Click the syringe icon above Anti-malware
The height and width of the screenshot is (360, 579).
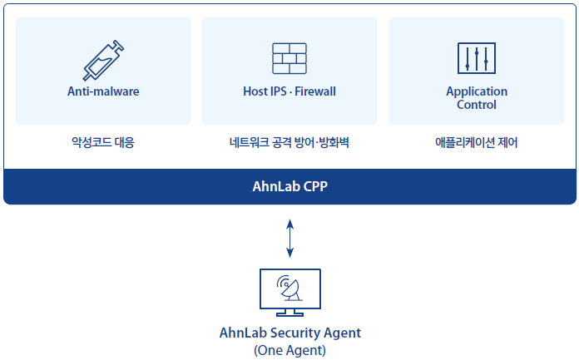click(x=103, y=60)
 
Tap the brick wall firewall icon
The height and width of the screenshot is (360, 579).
click(x=289, y=58)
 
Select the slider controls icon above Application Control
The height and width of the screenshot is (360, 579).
click(x=477, y=58)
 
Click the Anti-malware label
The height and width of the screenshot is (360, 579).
click(x=103, y=91)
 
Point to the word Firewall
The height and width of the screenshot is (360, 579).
click(x=315, y=91)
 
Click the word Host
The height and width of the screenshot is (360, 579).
click(x=255, y=91)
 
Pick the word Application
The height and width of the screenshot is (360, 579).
click(x=477, y=91)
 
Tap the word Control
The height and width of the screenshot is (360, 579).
click(x=477, y=105)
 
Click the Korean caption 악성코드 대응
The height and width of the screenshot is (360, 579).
click(x=103, y=142)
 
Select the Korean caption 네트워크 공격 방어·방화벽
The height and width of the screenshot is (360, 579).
click(x=289, y=142)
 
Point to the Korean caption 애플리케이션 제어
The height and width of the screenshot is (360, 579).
click(x=477, y=142)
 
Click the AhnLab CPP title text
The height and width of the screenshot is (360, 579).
click(x=289, y=186)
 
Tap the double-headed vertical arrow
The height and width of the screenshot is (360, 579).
click(x=289, y=238)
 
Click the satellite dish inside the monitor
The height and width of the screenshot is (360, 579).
click(x=290, y=288)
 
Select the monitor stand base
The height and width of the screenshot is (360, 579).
click(x=289, y=314)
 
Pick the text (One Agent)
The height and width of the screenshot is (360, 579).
click(x=289, y=350)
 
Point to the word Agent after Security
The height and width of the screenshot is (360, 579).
click(x=342, y=333)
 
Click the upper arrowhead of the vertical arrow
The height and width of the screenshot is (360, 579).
click(x=289, y=224)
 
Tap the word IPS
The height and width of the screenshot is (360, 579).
click(x=279, y=91)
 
